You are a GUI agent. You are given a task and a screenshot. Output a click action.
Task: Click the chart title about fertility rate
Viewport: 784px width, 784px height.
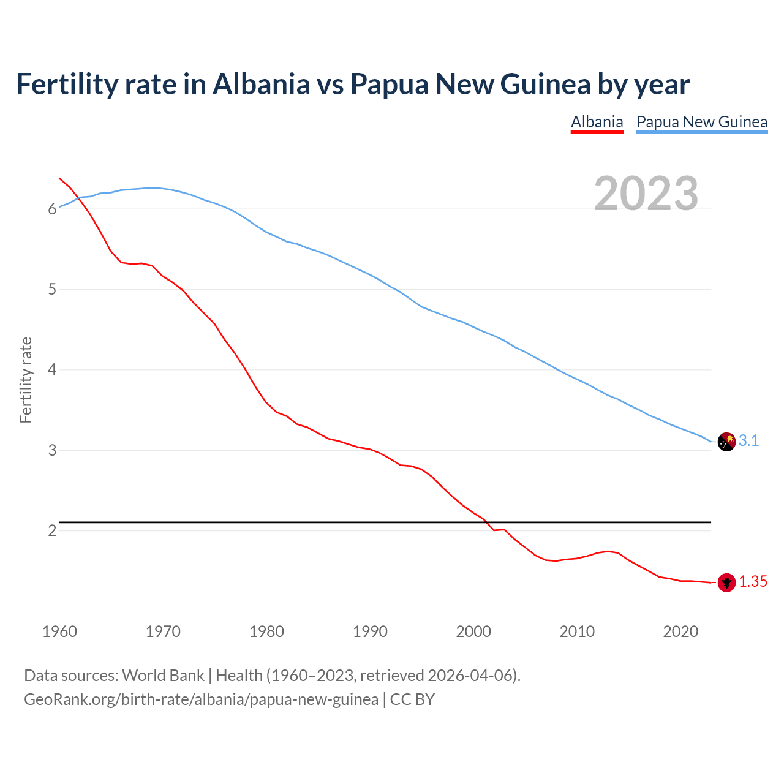pyautogui.click(x=353, y=85)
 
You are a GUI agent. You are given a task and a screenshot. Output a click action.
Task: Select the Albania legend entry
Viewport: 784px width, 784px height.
pyautogui.click(x=597, y=122)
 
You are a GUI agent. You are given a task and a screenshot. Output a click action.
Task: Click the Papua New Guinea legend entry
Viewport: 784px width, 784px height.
pyautogui.click(x=702, y=122)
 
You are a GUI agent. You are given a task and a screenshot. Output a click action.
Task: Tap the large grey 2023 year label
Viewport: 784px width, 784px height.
pyautogui.click(x=646, y=194)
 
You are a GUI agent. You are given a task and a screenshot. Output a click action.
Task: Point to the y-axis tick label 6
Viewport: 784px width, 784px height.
pyautogui.click(x=52, y=209)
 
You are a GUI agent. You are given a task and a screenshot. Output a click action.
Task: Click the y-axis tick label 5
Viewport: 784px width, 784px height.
pyautogui.click(x=52, y=290)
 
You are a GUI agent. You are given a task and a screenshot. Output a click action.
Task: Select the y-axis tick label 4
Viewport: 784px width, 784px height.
pyautogui.click(x=52, y=370)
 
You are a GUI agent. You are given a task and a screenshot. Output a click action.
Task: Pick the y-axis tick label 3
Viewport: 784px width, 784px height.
pyautogui.click(x=52, y=450)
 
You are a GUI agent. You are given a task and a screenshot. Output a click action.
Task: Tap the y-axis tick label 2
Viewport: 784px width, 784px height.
pyautogui.click(x=52, y=530)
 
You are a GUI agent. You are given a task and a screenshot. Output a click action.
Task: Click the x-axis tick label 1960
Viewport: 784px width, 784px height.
pyautogui.click(x=59, y=631)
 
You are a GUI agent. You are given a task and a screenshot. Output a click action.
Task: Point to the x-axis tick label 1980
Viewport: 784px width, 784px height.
pyautogui.click(x=266, y=631)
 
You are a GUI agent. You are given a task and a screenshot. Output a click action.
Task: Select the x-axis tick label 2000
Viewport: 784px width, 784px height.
pyautogui.click(x=473, y=631)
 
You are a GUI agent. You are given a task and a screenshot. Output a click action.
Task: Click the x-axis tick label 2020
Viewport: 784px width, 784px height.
pyautogui.click(x=680, y=631)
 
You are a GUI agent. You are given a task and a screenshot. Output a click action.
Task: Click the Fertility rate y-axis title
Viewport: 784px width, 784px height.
pyautogui.click(x=26, y=380)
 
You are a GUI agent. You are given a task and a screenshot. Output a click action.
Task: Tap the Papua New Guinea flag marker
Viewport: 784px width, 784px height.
pyautogui.click(x=726, y=442)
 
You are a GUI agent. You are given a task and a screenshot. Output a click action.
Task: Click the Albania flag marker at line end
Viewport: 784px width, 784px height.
pyautogui.click(x=726, y=582)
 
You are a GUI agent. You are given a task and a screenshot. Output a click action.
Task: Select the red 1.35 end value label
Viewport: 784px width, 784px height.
pyautogui.click(x=753, y=582)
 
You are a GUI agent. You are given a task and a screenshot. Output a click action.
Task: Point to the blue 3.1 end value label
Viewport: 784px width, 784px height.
pyautogui.click(x=748, y=441)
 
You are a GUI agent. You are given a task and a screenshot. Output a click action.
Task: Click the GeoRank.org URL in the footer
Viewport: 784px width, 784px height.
pyautogui.click(x=201, y=699)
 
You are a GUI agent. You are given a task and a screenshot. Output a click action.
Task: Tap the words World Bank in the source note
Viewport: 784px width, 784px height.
pyautogui.click(x=163, y=676)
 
